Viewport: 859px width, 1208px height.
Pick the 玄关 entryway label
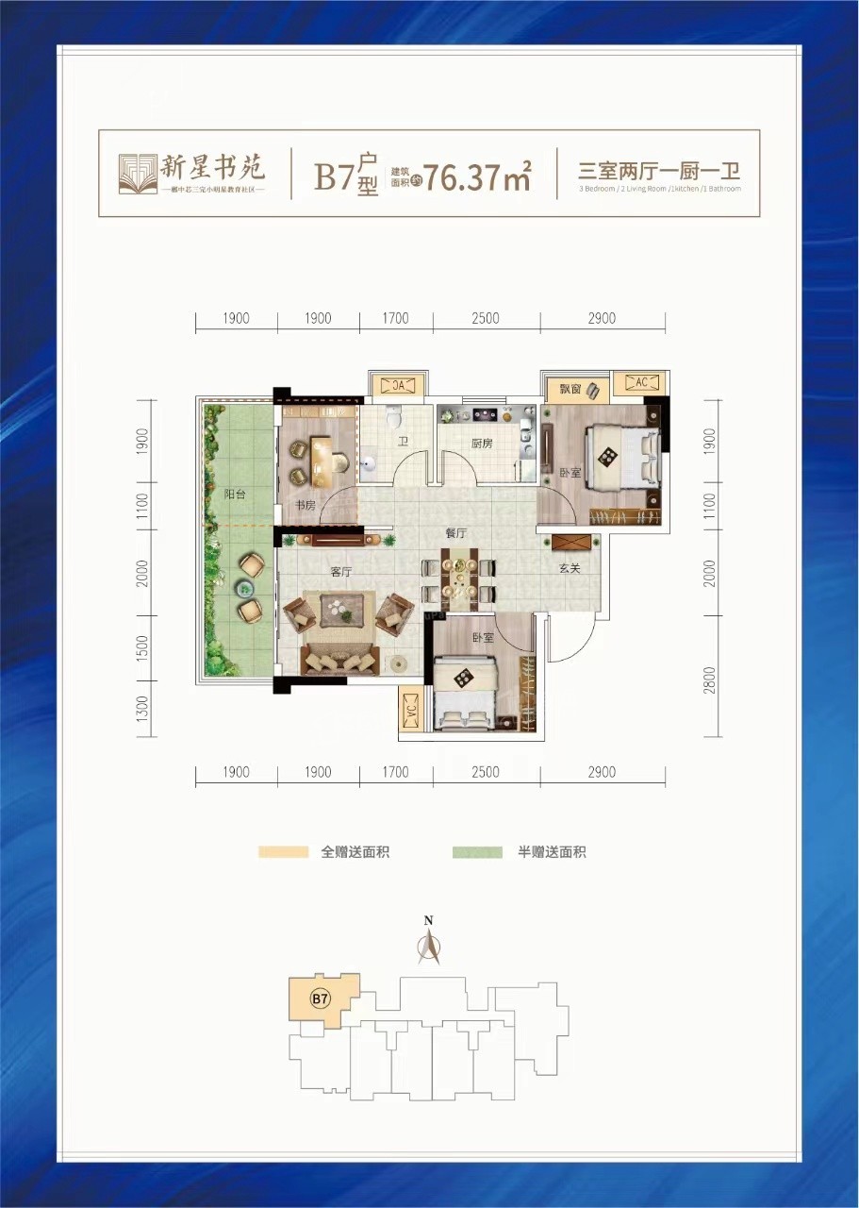click(x=569, y=568)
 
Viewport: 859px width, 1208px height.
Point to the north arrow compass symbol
click(x=429, y=945)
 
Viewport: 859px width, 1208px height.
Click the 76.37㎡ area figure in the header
click(x=477, y=176)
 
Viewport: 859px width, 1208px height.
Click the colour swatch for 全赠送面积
click(x=284, y=852)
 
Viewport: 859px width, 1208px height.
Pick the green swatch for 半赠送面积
click(x=477, y=852)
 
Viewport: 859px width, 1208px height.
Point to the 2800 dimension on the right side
click(x=710, y=679)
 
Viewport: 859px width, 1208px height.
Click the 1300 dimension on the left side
click(x=142, y=708)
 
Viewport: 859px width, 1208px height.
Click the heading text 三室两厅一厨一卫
click(x=660, y=172)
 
